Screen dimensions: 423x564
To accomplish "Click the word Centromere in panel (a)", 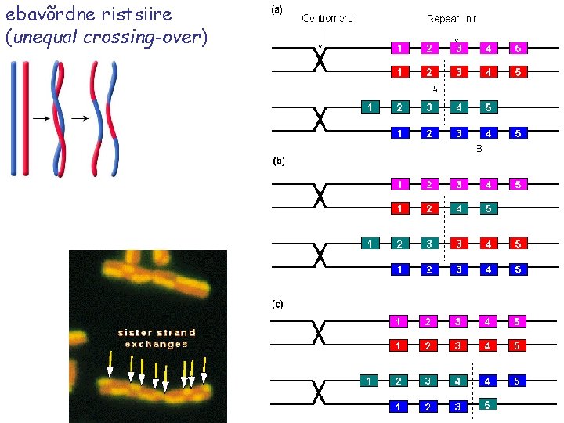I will click(327, 18).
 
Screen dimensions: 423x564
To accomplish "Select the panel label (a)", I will click(277, 10).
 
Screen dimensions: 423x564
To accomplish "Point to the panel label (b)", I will click(278, 161).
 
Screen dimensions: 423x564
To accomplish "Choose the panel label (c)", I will click(277, 303).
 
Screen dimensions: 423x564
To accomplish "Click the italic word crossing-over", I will click(150, 37).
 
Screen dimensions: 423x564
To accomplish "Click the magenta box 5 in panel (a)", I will click(518, 49).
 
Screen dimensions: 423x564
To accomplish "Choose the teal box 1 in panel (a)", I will click(370, 107).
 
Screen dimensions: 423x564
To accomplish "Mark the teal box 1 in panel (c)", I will click(370, 381).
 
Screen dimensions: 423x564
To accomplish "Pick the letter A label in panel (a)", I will click(435, 89).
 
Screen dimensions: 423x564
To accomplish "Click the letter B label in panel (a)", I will click(479, 149).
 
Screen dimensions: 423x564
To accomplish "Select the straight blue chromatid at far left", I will click(14, 117).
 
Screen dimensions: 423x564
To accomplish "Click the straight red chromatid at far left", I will click(25, 117).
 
